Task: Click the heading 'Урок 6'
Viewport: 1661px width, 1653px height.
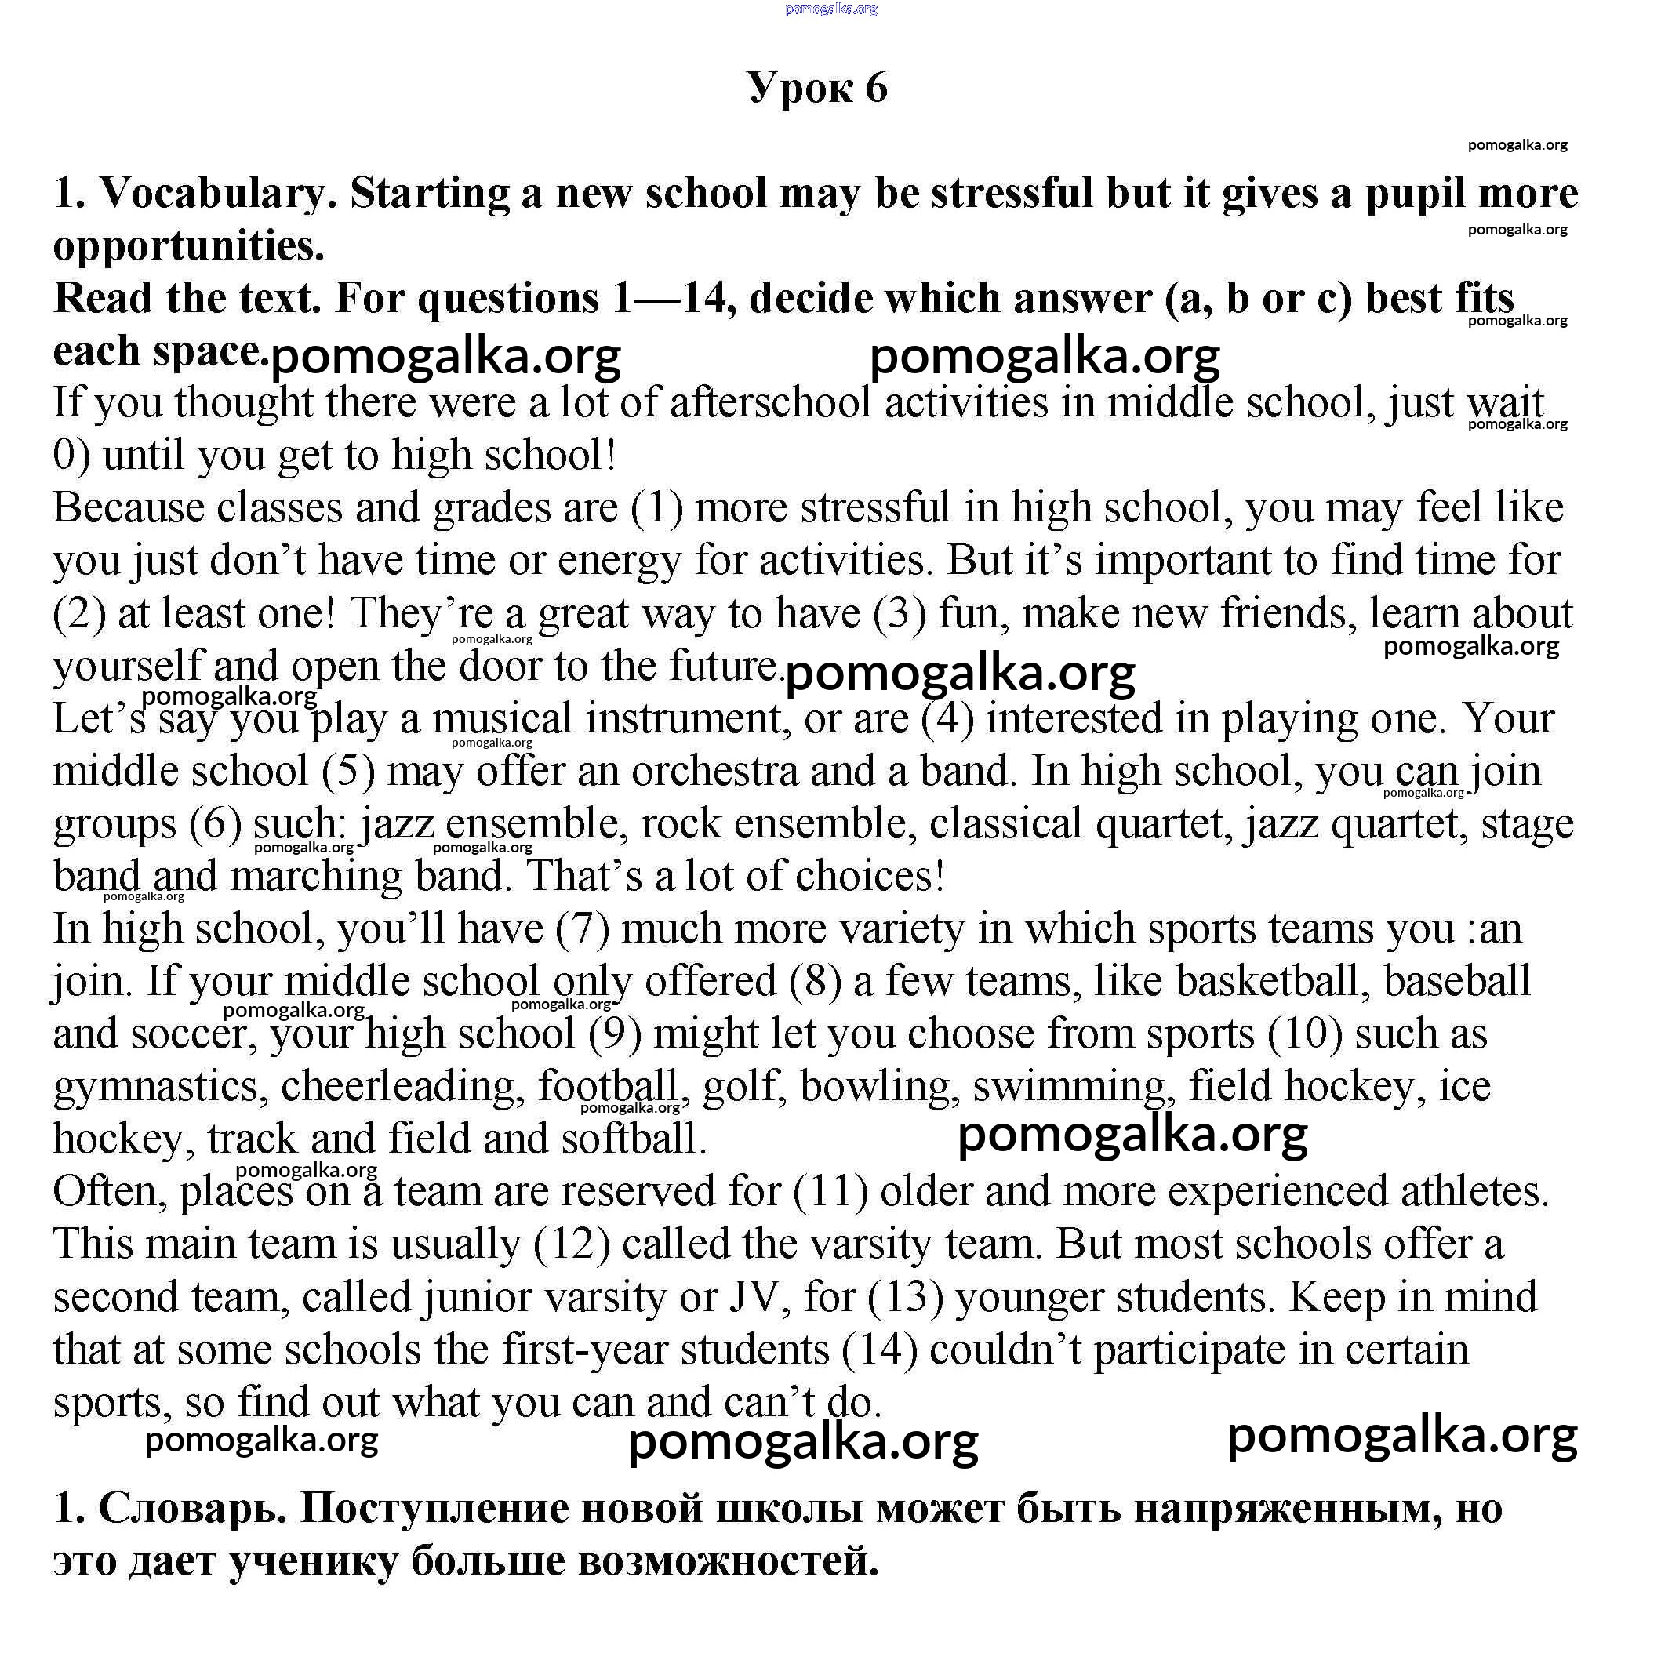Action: pyautogui.click(x=816, y=87)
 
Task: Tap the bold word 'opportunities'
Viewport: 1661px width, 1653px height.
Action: pyautogui.click(x=188, y=247)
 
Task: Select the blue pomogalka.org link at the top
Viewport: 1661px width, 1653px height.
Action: pyautogui.click(x=831, y=9)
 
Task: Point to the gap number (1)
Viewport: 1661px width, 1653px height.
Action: pyautogui.click(x=657, y=508)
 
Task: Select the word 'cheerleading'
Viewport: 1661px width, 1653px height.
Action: pyautogui.click(x=402, y=1087)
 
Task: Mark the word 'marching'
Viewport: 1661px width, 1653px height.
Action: pyautogui.click(x=316, y=877)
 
